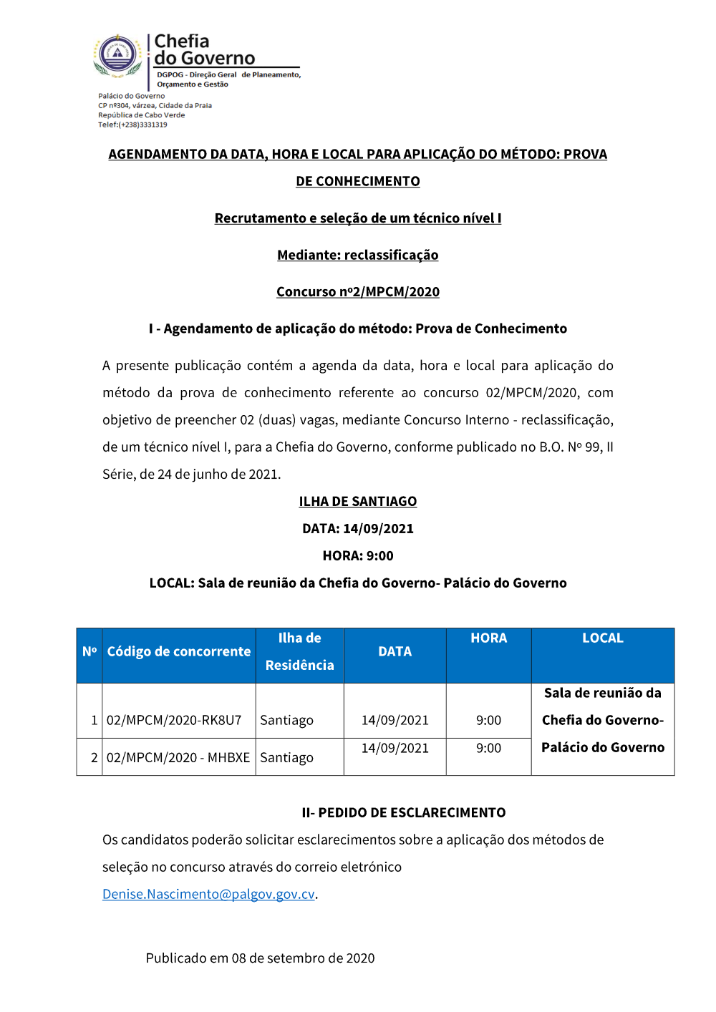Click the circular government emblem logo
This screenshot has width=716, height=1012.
coord(118,54)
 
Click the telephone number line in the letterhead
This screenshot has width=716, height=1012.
coord(132,125)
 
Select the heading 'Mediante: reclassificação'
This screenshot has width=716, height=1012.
coord(357,255)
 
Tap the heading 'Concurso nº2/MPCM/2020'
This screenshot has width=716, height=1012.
coord(357,291)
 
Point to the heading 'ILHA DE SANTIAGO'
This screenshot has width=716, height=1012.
coord(357,501)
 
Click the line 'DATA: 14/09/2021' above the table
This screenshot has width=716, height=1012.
coord(357,528)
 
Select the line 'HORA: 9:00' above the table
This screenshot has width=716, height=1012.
coord(357,555)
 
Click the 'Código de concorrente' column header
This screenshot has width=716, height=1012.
coord(179,651)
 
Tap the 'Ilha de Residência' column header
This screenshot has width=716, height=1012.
coord(299,651)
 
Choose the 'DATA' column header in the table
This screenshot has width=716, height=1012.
coord(395,651)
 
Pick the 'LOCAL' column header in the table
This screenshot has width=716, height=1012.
coord(602,638)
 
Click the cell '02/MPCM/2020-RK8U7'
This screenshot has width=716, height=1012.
coord(174,720)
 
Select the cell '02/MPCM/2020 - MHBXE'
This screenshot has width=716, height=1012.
coord(178,757)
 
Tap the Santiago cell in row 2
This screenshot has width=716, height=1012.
coord(286,757)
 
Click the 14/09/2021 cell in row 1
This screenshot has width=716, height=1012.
coord(395,720)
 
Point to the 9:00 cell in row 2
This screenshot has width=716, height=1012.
coord(488,748)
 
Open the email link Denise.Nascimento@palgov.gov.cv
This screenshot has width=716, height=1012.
coord(208,894)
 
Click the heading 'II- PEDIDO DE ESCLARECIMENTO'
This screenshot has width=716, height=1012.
coord(403,812)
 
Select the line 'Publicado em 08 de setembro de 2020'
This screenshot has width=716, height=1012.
coord(260,958)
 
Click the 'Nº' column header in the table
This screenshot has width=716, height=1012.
coord(89,651)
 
